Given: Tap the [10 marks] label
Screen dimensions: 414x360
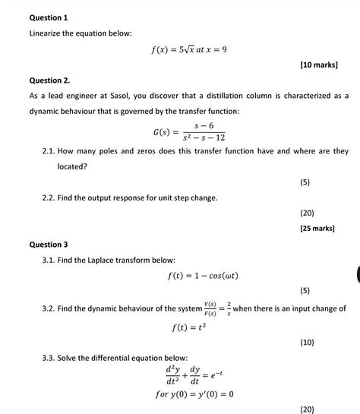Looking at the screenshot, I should (x=320, y=66).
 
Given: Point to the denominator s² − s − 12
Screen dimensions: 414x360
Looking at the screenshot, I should (x=201, y=137).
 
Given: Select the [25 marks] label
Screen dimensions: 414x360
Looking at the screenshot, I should (x=320, y=228).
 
